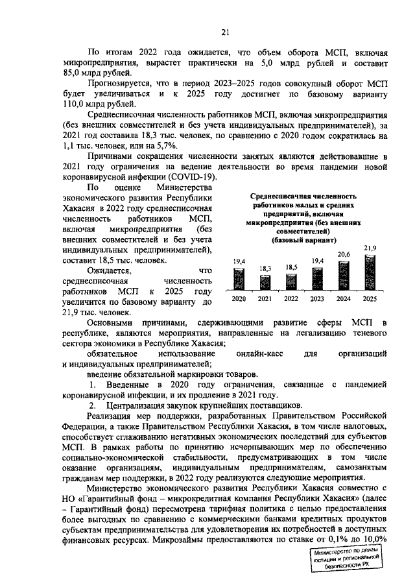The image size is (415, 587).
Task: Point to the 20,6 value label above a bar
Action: pos(344,254)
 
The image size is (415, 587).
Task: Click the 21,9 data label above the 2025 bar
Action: pos(370,247)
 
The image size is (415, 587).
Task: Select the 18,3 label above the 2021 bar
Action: pos(266,268)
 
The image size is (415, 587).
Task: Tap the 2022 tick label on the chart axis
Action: pos(292,299)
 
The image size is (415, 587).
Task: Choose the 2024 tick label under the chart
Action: pos(344,299)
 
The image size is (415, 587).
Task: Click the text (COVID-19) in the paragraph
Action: pos(186,177)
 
